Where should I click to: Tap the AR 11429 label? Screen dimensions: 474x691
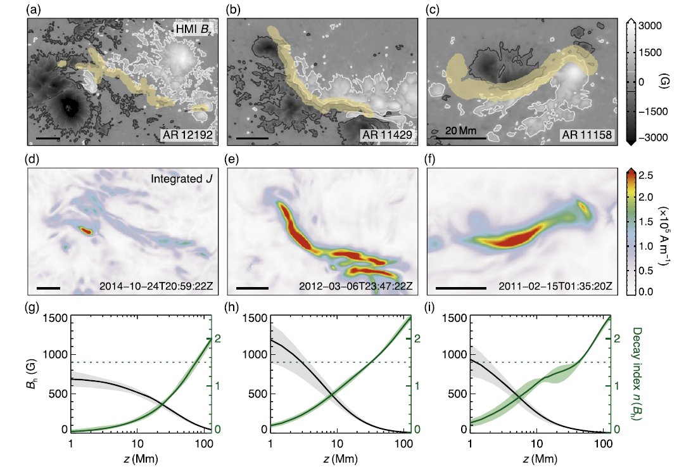(387, 136)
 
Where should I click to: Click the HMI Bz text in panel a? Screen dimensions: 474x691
(194, 29)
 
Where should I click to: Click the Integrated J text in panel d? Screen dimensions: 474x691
(180, 179)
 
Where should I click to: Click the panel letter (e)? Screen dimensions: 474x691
(234, 158)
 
